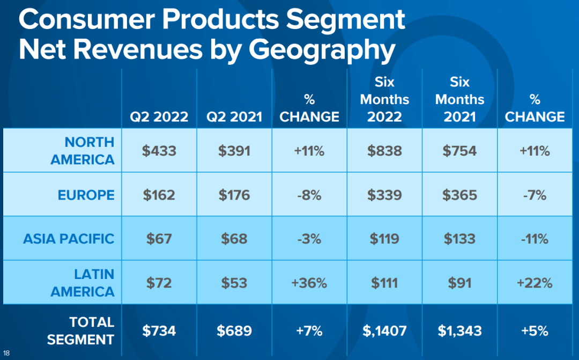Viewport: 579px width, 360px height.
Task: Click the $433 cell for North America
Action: [x=159, y=151]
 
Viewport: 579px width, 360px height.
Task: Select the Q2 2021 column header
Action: [x=234, y=117]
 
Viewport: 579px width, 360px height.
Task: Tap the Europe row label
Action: [x=86, y=195]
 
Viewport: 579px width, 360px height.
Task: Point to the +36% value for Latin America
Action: [x=309, y=283]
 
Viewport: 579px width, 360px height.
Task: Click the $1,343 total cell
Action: [x=460, y=331]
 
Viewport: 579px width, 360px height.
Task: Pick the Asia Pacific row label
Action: [x=69, y=239]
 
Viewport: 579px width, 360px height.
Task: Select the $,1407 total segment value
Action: [x=384, y=331]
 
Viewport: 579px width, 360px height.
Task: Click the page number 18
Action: [x=6, y=353]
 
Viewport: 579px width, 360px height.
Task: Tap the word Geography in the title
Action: [x=322, y=50]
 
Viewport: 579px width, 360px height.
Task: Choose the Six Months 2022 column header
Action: [x=384, y=99]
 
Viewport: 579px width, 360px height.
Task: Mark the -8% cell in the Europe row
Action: [x=309, y=195]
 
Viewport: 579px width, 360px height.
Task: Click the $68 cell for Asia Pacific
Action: [x=234, y=239]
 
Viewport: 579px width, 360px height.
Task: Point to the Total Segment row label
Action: [x=80, y=331]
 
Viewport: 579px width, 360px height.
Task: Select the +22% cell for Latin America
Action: [x=535, y=283]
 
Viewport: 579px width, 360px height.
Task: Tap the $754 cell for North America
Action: [x=460, y=151]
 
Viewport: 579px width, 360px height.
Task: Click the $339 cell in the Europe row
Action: [x=384, y=195]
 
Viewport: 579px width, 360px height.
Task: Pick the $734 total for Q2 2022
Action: [x=159, y=331]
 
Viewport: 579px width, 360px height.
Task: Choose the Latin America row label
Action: [x=83, y=283]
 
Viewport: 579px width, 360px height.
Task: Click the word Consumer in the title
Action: [x=87, y=19]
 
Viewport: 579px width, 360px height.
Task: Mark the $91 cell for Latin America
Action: [x=460, y=283]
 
